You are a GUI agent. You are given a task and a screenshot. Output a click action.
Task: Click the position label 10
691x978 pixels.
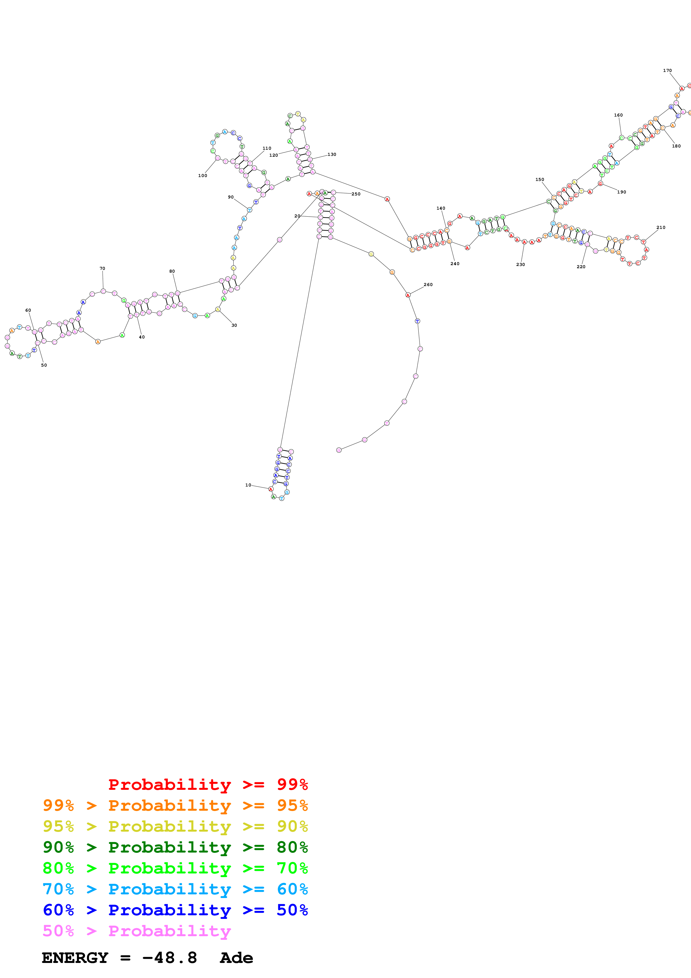[x=248, y=485]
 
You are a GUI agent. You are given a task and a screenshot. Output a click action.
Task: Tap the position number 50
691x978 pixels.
[x=44, y=365]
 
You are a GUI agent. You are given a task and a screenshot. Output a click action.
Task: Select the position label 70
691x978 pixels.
[x=102, y=268]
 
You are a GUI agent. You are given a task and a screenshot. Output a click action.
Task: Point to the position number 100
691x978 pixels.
[x=203, y=175]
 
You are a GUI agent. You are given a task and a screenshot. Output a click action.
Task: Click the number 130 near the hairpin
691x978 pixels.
[x=332, y=154]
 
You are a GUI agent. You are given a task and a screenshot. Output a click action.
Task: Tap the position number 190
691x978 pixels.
[x=622, y=192]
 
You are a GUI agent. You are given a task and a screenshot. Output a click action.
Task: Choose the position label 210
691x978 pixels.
[x=661, y=227]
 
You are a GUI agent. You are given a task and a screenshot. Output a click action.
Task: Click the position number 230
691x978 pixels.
[x=520, y=265]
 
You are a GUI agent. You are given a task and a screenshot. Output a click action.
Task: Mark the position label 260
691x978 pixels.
[x=428, y=285]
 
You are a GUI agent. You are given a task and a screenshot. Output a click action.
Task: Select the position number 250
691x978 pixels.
[x=356, y=194]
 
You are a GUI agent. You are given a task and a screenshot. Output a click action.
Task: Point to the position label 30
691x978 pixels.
[x=234, y=325]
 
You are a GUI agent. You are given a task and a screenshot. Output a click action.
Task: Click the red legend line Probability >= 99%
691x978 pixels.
[x=208, y=785]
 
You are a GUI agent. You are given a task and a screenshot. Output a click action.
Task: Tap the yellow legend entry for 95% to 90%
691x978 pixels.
[x=175, y=826]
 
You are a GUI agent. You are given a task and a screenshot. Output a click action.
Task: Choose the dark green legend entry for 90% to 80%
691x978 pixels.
[x=175, y=847]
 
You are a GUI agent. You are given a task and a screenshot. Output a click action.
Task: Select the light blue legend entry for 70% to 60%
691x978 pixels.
[x=175, y=889]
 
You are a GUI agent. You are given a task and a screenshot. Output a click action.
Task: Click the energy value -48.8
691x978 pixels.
[x=169, y=958]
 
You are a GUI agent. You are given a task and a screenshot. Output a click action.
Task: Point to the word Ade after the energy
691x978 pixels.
[x=236, y=958]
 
